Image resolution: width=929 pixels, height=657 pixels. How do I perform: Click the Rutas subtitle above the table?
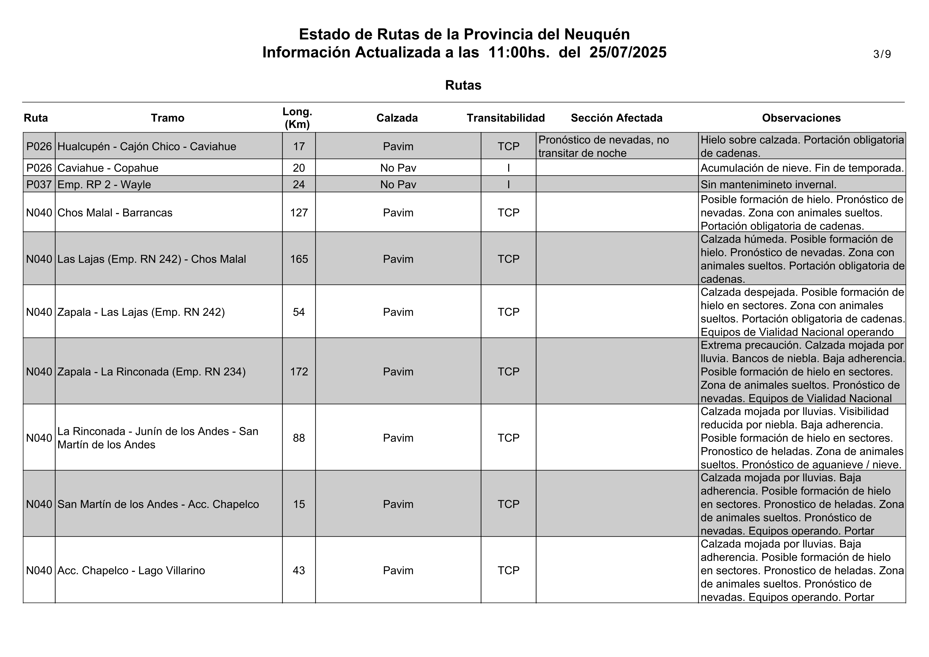463,85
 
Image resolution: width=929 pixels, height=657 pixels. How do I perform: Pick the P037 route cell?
39,185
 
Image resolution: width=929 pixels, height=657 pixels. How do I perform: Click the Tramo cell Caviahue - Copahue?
108,168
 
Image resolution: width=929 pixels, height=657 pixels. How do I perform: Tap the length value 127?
299,213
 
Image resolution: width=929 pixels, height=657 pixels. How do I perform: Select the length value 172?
299,372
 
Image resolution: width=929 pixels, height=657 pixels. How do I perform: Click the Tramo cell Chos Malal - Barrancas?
115,213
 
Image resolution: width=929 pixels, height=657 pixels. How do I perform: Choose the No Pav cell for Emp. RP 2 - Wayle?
398,185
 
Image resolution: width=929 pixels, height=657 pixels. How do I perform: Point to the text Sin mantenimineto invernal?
768,185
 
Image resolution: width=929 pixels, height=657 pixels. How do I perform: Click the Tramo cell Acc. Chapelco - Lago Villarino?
131,570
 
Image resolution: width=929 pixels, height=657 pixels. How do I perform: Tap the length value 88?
299,438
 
